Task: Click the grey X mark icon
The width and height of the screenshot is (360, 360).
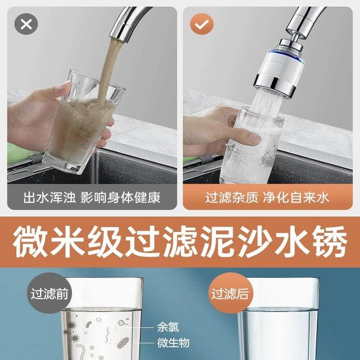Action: [26, 24]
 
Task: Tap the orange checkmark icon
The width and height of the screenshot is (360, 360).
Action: [202, 24]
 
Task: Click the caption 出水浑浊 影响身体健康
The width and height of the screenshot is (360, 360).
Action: [92, 197]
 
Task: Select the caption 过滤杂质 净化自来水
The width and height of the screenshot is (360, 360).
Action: [267, 197]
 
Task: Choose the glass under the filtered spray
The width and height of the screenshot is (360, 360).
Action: [252, 147]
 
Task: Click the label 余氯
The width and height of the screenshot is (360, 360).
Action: [168, 327]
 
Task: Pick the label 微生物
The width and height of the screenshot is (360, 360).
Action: [173, 343]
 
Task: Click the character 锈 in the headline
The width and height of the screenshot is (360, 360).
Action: [330, 242]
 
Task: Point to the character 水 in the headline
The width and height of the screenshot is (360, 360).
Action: [293, 242]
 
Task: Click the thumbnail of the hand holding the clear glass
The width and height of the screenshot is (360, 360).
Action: [268, 95]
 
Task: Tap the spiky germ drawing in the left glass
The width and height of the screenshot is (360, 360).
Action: [71, 325]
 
